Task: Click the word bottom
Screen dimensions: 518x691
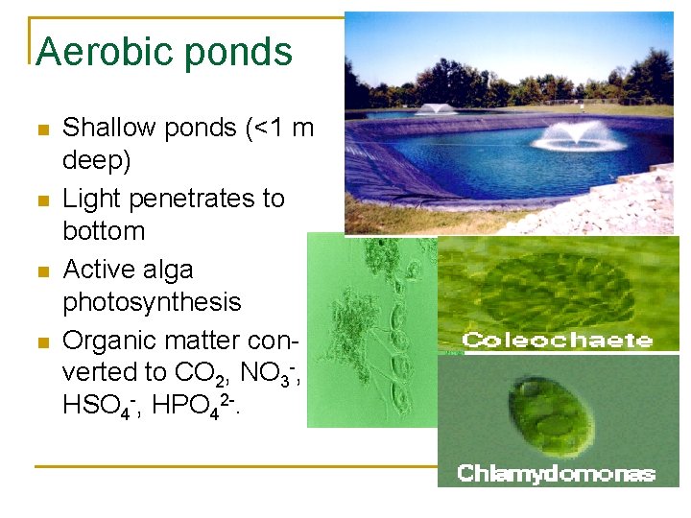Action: coord(104,231)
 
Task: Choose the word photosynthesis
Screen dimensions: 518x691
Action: coord(152,302)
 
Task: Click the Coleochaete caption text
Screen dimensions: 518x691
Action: coord(558,341)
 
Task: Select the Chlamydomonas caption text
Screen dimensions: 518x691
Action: coord(557,473)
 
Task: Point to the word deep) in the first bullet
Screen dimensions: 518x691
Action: coord(96,160)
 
